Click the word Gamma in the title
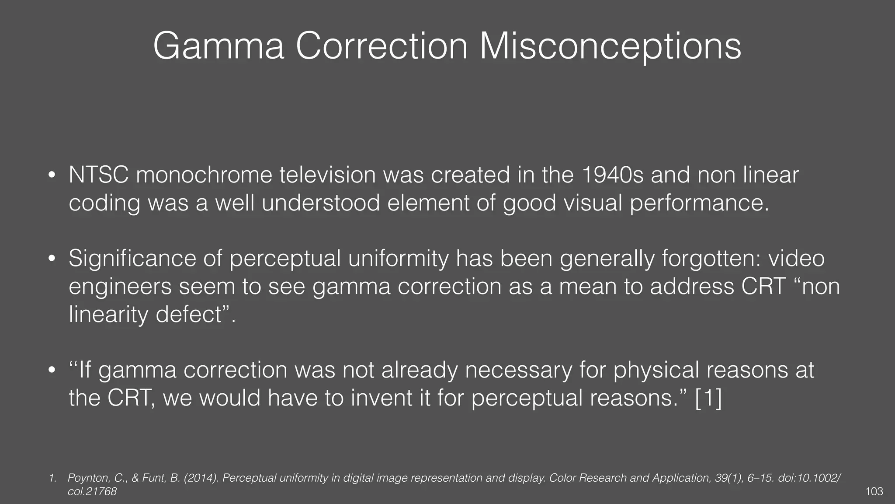219,46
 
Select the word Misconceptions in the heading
610,46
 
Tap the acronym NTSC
98,175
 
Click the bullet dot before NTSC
52,175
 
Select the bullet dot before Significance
52,259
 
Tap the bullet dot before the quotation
52,370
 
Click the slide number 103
874,492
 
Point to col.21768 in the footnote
92,492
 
